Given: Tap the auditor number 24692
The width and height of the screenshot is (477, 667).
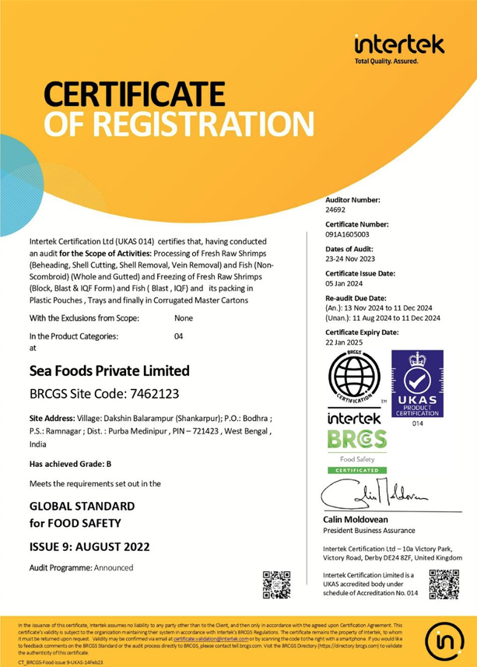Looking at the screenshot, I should pyautogui.click(x=335, y=209).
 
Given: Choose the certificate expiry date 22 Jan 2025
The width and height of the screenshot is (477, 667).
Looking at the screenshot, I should pyautogui.click(x=343, y=340).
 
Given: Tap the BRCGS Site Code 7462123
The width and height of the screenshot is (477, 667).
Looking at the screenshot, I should pyautogui.click(x=93, y=393).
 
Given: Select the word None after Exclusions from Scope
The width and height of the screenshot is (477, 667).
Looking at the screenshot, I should pyautogui.click(x=184, y=318).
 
